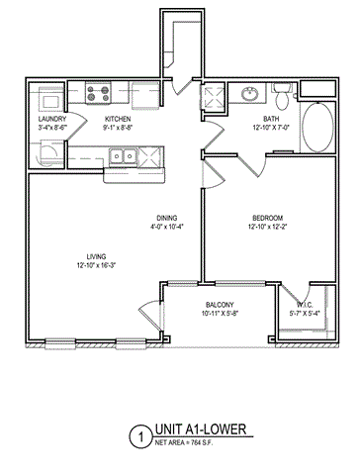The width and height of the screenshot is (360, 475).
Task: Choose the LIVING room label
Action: (96, 254)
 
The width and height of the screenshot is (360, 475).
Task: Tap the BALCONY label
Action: (219, 305)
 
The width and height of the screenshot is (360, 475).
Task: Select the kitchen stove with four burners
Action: (99, 95)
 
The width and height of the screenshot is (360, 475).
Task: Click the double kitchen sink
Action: (123, 154)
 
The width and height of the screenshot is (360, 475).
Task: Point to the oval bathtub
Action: (316, 130)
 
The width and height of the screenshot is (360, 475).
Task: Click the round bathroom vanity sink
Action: (247, 96)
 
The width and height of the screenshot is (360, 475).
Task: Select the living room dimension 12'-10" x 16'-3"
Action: (96, 265)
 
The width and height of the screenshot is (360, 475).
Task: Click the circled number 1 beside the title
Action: (142, 434)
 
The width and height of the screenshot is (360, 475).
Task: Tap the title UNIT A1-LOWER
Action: (198, 430)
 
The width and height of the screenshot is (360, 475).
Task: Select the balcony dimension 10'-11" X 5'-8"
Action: (219, 315)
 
